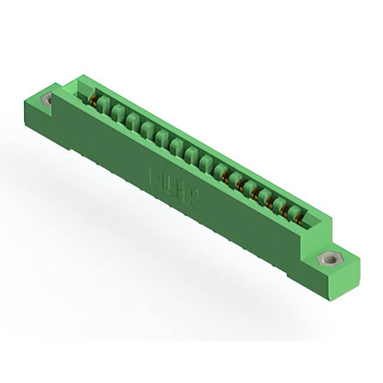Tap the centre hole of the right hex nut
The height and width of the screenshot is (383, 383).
tap(327, 260)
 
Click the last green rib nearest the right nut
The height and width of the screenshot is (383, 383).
tap(294, 214)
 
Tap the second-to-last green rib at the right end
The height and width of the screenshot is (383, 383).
tap(280, 205)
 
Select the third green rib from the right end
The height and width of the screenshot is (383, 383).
tap(265, 197)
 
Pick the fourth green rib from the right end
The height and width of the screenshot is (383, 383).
tap(250, 188)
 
